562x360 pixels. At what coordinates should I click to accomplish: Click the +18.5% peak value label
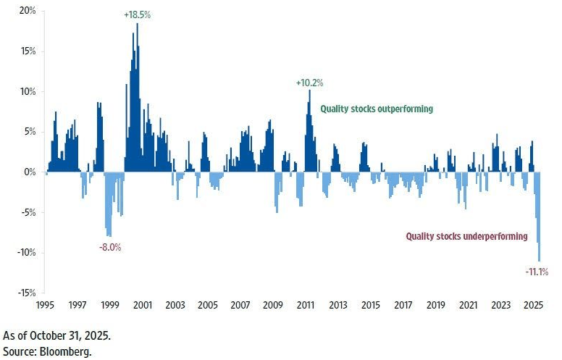[x=136, y=14]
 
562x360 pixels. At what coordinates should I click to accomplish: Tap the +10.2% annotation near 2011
[x=309, y=83]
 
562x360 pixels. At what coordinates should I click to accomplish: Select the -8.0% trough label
[x=110, y=247]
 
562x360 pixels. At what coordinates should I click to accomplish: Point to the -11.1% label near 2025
[x=536, y=272]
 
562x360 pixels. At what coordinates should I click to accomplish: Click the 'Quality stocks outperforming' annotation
[x=377, y=109]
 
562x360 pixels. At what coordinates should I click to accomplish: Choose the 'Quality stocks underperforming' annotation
[x=467, y=236]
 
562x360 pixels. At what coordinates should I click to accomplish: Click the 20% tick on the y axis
[x=27, y=12]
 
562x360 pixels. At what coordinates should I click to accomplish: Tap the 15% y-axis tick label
[x=27, y=51]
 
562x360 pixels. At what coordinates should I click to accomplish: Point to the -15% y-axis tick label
[x=25, y=293]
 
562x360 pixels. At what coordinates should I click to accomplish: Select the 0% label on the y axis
[x=30, y=172]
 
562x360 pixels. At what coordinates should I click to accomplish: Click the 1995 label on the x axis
[x=46, y=305]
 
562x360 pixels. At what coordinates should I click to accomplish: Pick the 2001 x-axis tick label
[x=143, y=305]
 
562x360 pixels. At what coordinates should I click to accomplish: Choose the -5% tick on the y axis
[x=27, y=212]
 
